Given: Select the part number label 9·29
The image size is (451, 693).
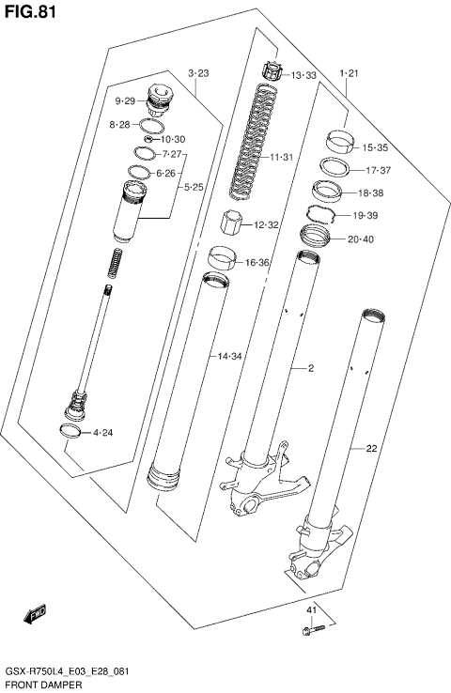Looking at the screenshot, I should point(126,100).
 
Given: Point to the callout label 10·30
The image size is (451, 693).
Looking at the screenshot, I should point(172,139).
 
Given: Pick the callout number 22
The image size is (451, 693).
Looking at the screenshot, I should point(371,449).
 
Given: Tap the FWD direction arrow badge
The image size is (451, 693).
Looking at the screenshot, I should point(37,615).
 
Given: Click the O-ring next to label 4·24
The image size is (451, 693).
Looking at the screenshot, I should point(69,431).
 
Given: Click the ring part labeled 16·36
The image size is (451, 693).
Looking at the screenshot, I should point(222,256).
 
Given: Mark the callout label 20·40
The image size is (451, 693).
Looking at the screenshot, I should point(362,239).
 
